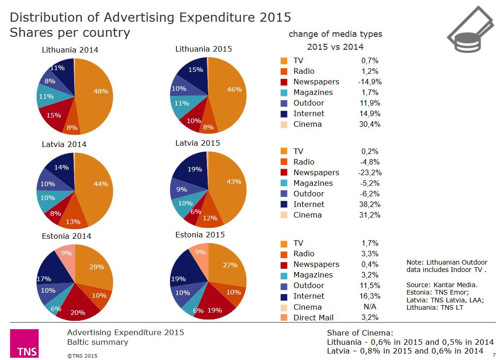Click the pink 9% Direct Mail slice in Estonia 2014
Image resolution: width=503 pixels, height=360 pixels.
[66, 254]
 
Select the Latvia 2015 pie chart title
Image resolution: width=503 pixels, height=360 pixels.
[198, 143]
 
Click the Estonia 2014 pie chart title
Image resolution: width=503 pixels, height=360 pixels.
[66, 236]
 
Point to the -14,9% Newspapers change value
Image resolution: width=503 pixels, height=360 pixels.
[369, 82]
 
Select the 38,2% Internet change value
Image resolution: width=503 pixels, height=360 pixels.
[369, 204]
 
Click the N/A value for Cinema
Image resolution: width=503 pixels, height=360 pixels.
[369, 307]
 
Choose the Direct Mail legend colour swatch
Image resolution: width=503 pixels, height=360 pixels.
[284, 318]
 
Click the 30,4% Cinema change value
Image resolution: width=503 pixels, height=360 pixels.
[369, 124]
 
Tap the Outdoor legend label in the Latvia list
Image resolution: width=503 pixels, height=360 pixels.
[309, 194]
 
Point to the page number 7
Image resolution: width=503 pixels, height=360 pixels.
[494, 355]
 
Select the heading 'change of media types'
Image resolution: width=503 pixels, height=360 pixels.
[335, 34]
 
